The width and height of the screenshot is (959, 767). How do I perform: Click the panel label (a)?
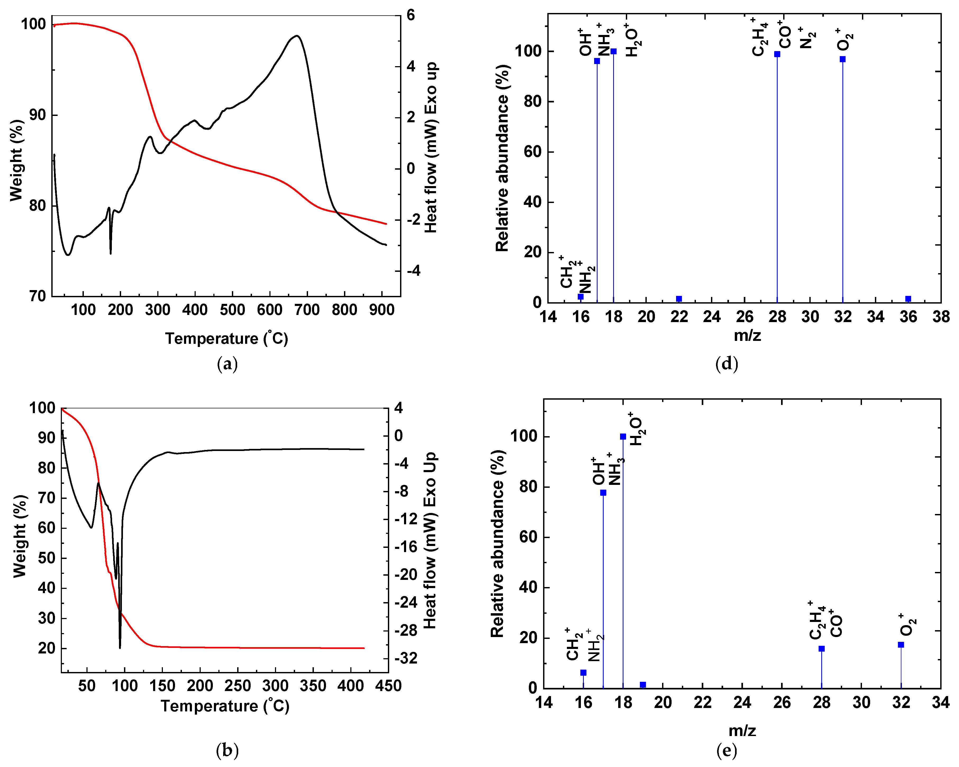[x=227, y=364]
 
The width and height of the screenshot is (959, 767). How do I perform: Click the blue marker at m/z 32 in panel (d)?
[x=842, y=59]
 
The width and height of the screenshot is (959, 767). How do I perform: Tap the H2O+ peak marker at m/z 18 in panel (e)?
[x=623, y=437]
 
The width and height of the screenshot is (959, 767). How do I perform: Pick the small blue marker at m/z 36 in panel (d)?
[x=908, y=299]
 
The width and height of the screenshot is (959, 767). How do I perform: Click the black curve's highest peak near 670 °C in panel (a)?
[x=297, y=36]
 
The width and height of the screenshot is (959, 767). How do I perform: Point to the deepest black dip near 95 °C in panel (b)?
[x=120, y=648]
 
